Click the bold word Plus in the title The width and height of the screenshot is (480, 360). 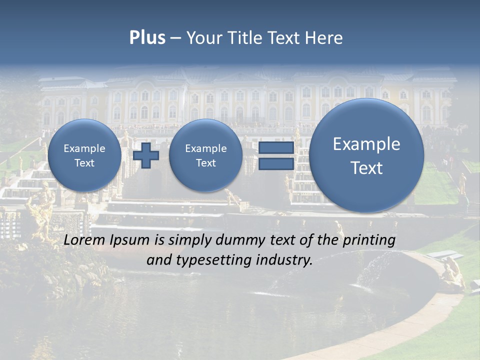tap(147, 38)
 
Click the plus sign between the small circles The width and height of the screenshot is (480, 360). tap(146, 155)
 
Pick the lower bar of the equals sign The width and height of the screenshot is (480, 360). tap(276, 164)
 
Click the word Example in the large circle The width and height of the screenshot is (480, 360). tap(366, 144)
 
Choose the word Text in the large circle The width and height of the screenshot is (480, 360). tap(366, 168)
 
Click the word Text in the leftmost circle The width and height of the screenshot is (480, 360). tap(84, 163)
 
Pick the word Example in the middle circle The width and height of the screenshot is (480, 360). tap(205, 148)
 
